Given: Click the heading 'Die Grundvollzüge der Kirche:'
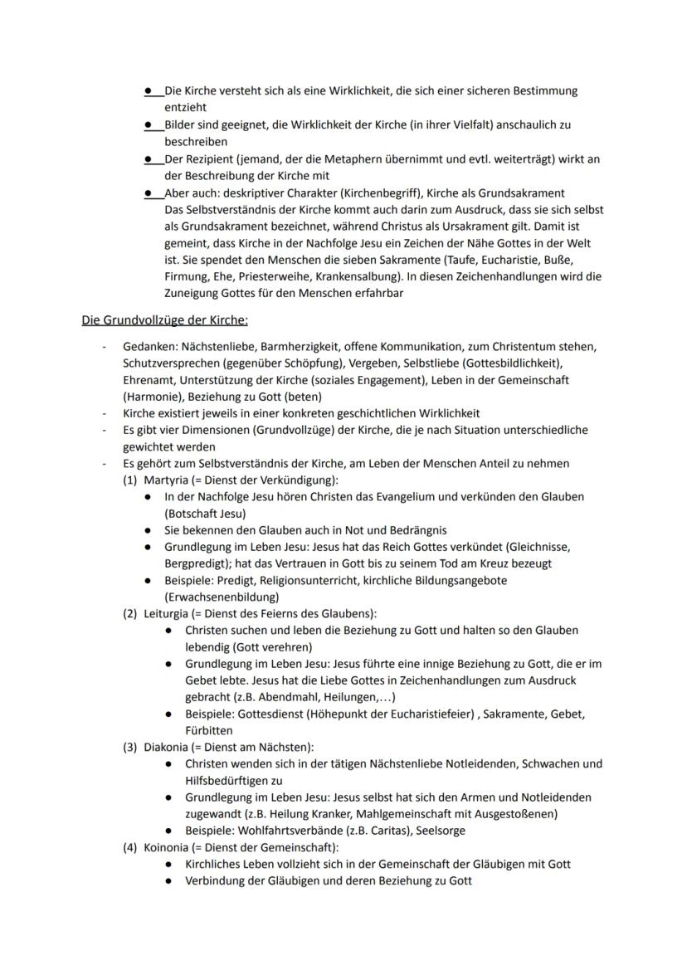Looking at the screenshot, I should point(165,319).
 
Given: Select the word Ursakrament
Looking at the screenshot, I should point(495,226).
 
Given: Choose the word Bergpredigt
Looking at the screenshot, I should point(194,563).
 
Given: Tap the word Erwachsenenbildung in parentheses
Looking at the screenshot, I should point(222,597).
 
